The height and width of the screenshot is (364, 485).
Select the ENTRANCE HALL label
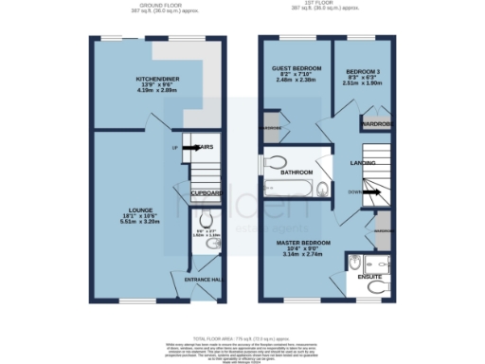(203, 282)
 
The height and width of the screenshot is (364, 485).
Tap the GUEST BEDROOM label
(296, 69)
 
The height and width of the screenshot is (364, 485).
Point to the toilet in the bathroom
(277, 162)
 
